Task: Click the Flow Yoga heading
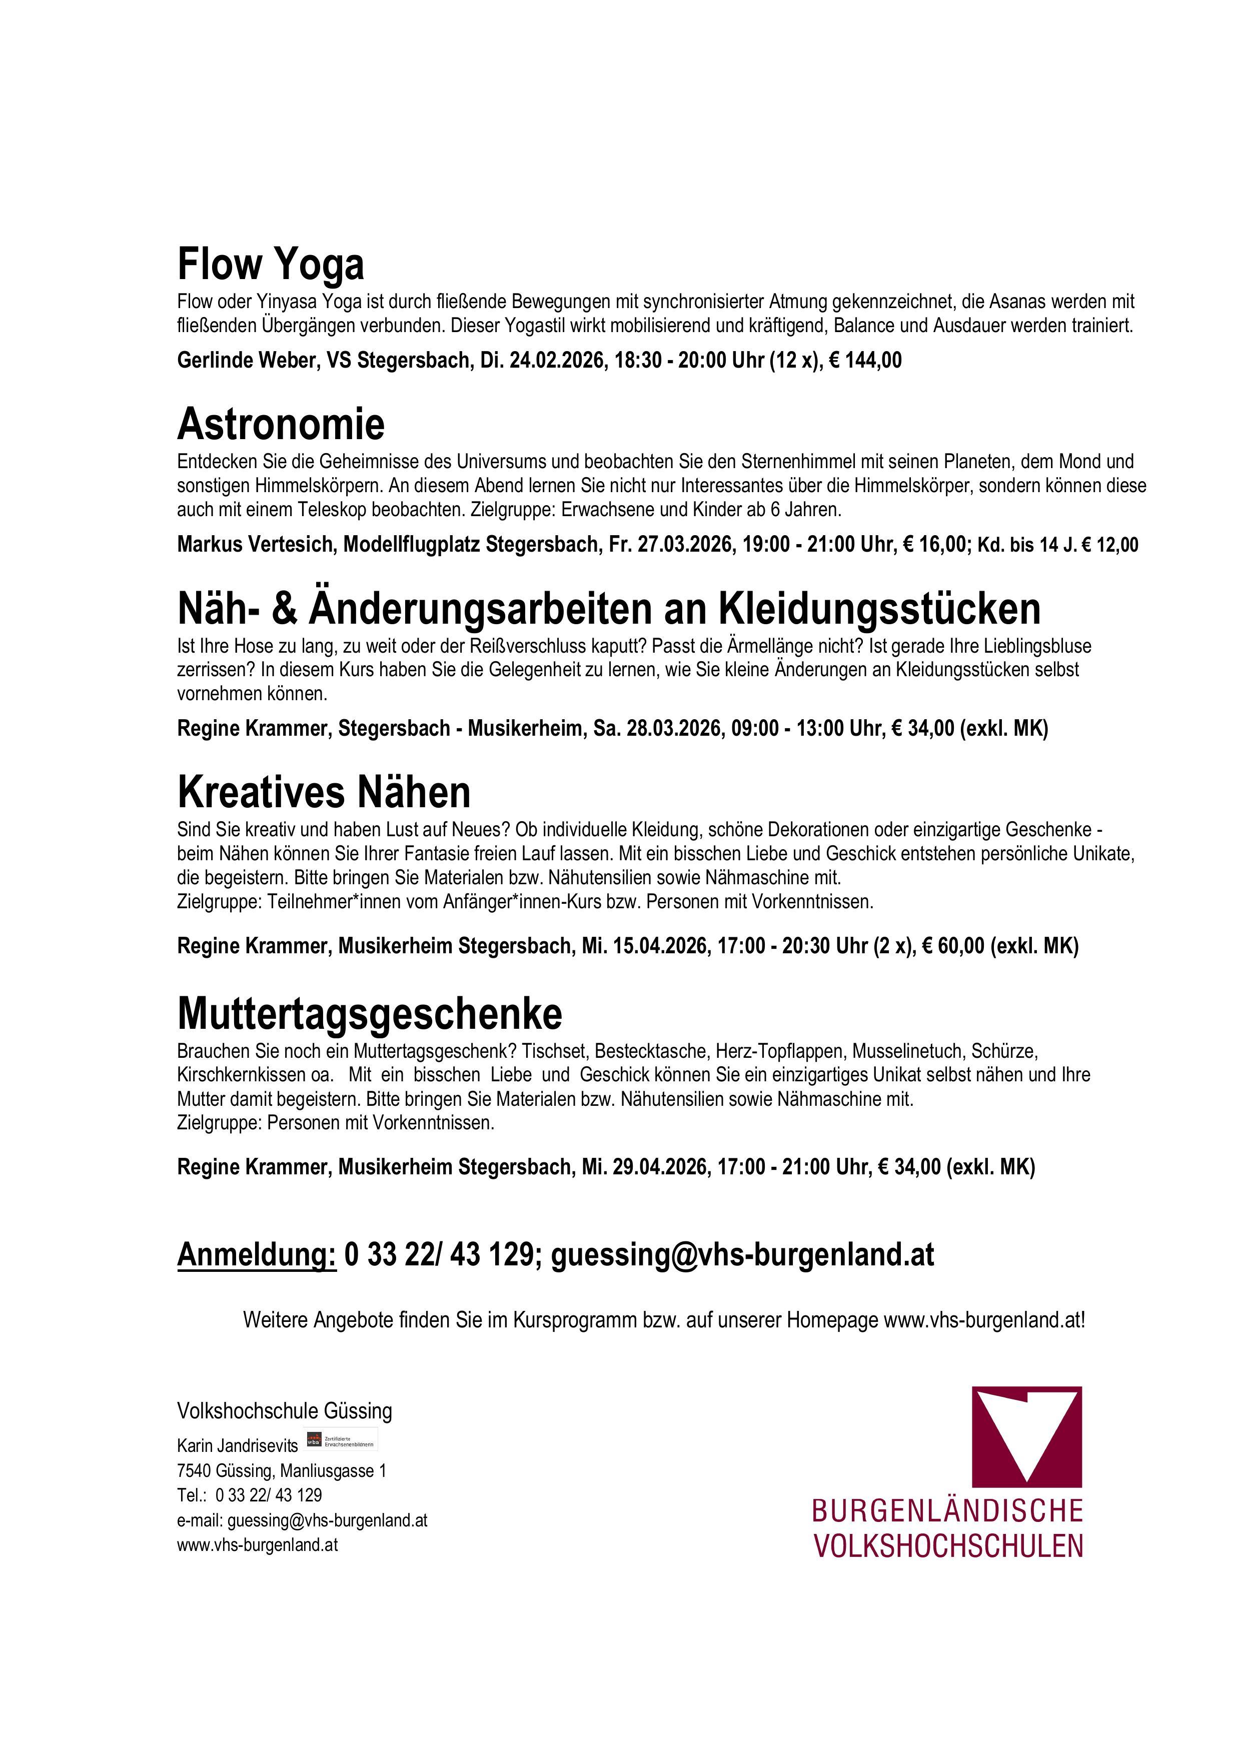271,265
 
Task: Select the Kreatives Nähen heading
324,793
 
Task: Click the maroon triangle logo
1026,1437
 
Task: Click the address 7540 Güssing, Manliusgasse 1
282,1470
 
